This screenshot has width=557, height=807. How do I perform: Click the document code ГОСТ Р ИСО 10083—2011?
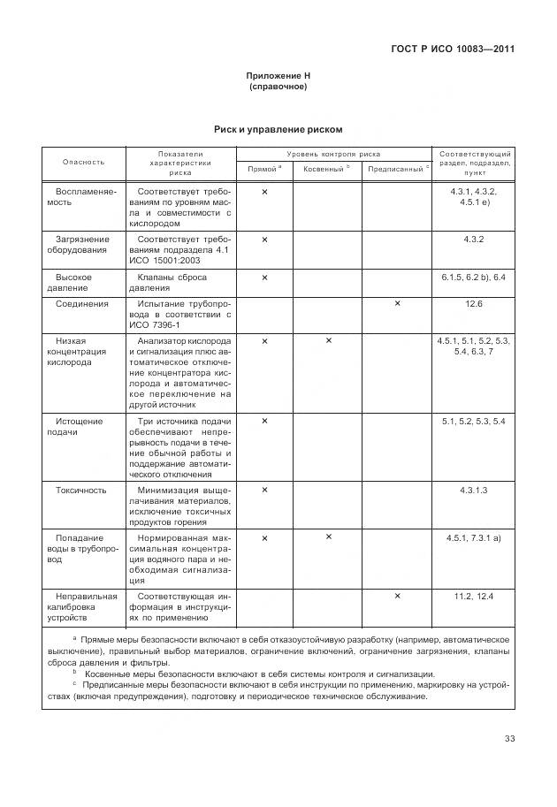(x=453, y=49)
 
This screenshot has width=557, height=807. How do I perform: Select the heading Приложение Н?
(x=278, y=76)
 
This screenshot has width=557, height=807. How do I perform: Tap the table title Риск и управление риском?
(x=278, y=129)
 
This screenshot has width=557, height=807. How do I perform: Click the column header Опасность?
(x=83, y=162)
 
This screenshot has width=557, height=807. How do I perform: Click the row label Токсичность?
(x=81, y=490)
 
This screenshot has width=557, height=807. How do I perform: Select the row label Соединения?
(x=82, y=304)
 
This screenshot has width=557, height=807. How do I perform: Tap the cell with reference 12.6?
(x=474, y=304)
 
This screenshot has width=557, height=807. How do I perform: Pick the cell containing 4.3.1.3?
(x=474, y=490)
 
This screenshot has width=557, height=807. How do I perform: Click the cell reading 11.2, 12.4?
(x=474, y=597)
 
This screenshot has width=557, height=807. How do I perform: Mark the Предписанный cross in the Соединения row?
(x=397, y=304)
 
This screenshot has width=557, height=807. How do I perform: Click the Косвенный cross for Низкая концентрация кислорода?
(x=328, y=340)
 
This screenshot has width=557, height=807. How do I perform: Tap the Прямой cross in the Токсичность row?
(x=264, y=490)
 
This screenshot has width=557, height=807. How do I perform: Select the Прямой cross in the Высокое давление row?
(x=264, y=278)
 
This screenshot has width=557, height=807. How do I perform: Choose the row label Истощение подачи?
(x=81, y=427)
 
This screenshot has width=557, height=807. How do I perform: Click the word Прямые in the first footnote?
(x=100, y=638)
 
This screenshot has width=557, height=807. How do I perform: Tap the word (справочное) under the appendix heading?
(x=278, y=87)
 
